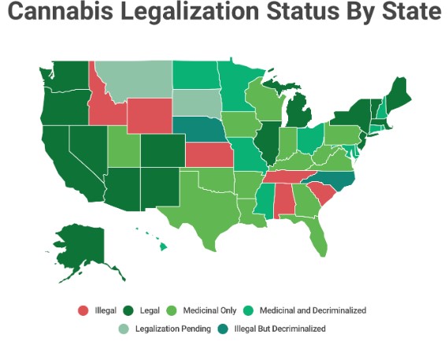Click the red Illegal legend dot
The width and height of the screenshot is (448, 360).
(82, 310)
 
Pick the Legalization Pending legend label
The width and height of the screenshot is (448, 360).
(173, 328)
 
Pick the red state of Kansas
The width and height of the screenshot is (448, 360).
(209, 155)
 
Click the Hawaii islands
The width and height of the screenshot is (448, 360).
(161, 246)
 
